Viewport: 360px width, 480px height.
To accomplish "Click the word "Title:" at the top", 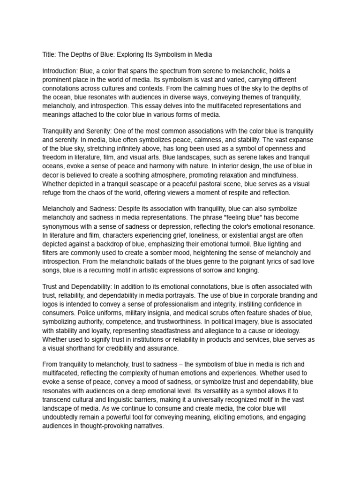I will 50,55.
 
